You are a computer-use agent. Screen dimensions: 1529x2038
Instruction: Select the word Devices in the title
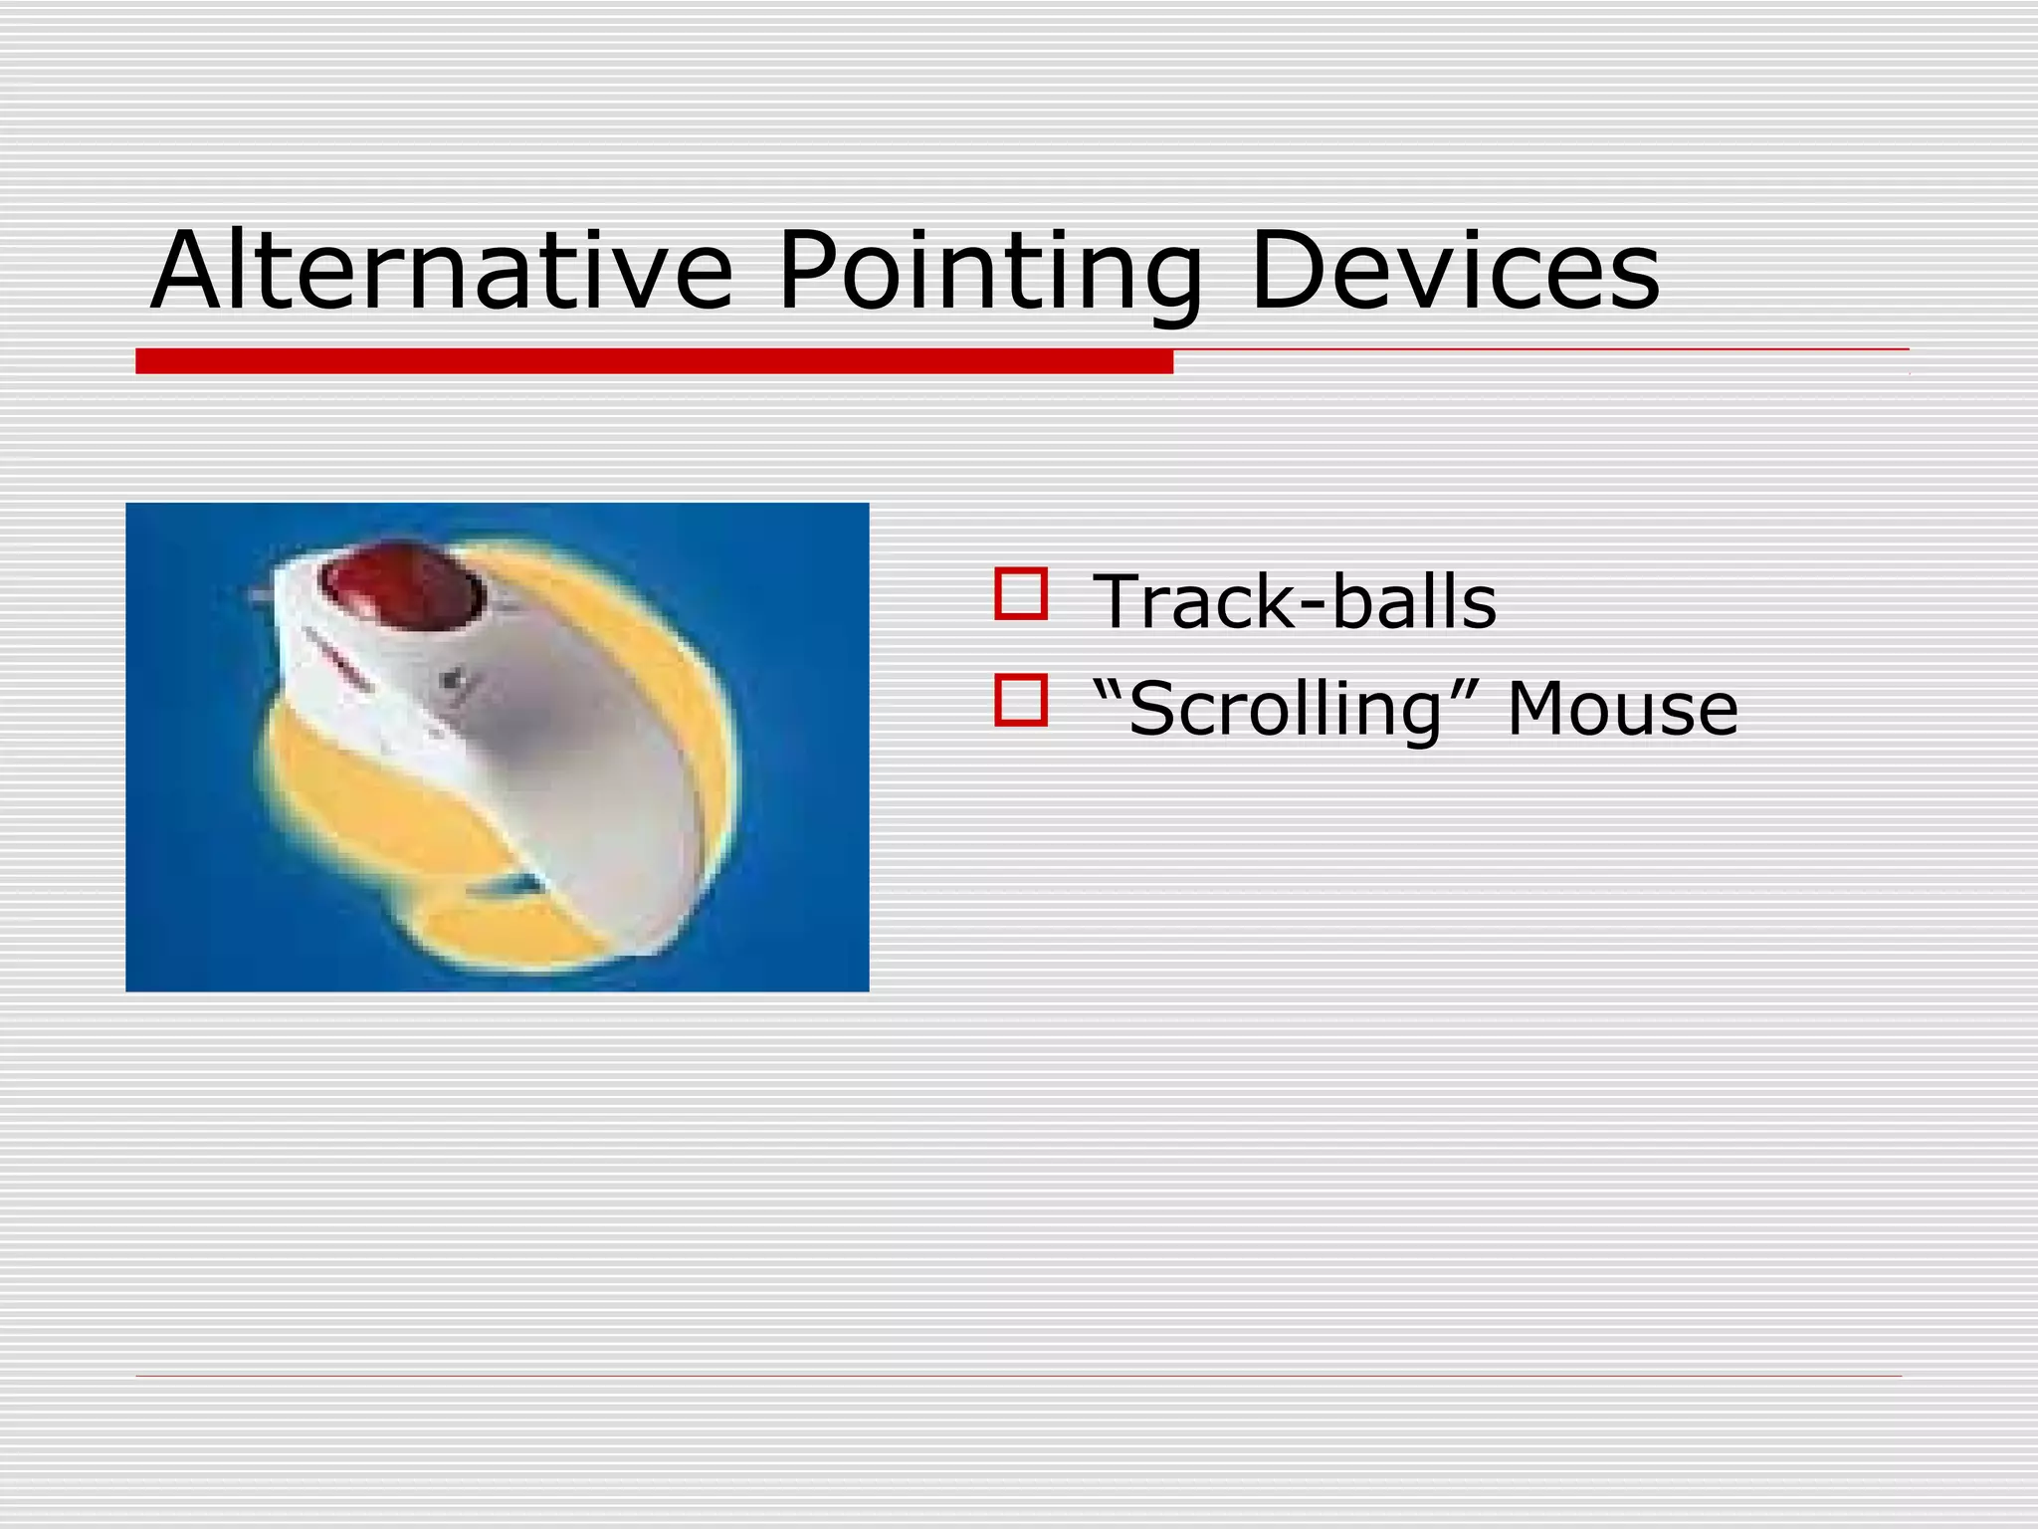click(x=1454, y=271)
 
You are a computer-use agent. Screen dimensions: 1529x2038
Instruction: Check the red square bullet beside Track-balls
click(x=1020, y=594)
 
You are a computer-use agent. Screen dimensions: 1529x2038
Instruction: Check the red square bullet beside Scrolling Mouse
click(x=1020, y=700)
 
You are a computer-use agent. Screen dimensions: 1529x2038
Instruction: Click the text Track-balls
click(x=1294, y=602)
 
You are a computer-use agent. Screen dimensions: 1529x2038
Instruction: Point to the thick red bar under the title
click(x=654, y=361)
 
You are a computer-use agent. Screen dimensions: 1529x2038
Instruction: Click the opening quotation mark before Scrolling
click(x=1109, y=687)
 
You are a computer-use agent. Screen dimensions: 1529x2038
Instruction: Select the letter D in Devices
click(x=1290, y=271)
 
